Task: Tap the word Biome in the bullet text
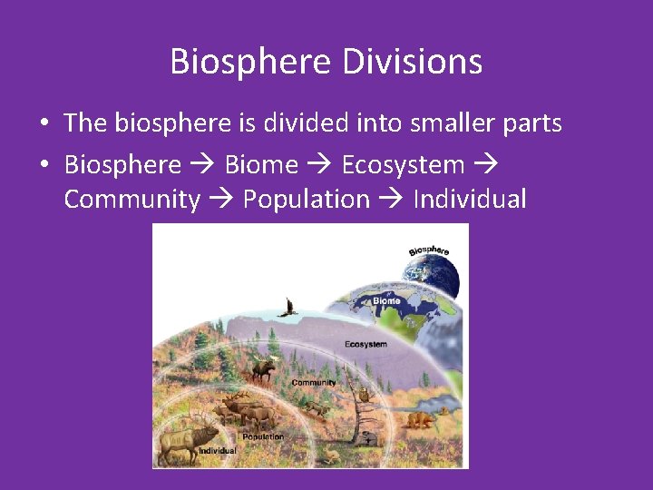[x=261, y=164]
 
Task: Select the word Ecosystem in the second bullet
[x=403, y=164]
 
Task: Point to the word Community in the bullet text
[x=132, y=199]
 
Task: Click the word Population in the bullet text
[x=307, y=199]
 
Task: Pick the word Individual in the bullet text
[x=469, y=199]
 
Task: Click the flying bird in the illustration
[x=289, y=308]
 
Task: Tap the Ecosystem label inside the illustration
[x=365, y=345]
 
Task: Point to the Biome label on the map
[x=385, y=300]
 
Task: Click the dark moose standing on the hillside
[x=264, y=368]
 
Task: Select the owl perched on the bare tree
[x=364, y=395]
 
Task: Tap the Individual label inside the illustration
[x=218, y=450]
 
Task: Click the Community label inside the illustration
[x=314, y=383]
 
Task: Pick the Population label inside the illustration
[x=263, y=436]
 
